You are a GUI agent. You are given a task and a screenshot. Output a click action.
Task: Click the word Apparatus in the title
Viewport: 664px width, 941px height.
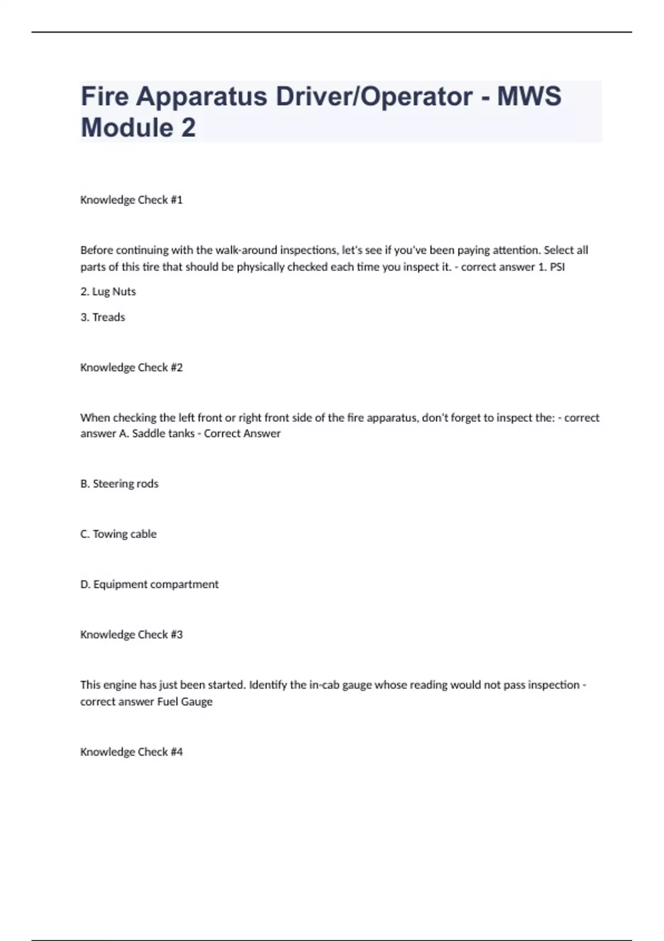point(201,97)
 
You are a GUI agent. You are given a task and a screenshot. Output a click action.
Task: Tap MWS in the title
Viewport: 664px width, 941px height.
point(529,96)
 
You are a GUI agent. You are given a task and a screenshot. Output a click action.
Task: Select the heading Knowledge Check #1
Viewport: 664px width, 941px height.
point(131,200)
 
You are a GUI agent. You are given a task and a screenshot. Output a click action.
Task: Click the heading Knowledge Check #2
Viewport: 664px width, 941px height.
point(131,368)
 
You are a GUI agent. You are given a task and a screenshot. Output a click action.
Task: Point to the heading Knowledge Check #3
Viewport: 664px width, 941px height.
point(131,635)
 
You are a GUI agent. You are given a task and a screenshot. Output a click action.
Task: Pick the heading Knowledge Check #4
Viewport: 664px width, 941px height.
point(131,752)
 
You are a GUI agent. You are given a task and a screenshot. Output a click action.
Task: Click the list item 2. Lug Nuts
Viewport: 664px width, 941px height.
point(108,292)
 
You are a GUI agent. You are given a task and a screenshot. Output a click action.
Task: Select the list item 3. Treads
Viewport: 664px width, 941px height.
point(103,317)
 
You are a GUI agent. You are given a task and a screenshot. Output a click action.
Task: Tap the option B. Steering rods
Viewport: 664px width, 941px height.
point(120,484)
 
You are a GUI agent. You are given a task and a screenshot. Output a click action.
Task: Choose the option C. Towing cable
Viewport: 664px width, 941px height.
point(118,534)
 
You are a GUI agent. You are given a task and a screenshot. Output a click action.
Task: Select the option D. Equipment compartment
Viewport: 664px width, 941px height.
point(149,585)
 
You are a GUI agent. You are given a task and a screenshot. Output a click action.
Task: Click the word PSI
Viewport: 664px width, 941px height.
point(557,267)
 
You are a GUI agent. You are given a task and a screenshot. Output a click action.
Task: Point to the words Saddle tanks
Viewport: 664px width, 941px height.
point(163,433)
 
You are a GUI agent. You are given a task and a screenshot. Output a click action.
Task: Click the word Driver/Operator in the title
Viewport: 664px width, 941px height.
point(374,96)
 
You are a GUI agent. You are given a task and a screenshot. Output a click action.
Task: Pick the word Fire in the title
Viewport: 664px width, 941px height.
point(105,96)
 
